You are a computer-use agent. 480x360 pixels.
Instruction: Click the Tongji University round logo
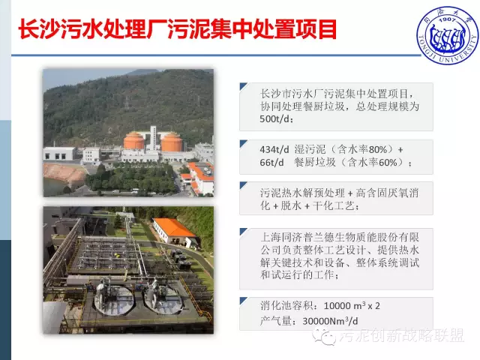click(447, 35)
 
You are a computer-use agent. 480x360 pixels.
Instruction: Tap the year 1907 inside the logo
click(447, 20)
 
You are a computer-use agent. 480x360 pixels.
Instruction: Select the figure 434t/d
click(274, 150)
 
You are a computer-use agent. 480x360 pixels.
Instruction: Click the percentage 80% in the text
click(378, 149)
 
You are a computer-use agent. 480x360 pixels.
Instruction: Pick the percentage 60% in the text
click(388, 162)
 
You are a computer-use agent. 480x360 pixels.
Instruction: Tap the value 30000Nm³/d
click(330, 321)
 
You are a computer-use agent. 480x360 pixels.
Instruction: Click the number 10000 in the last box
click(337, 306)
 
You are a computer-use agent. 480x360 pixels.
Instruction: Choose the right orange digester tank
click(172, 142)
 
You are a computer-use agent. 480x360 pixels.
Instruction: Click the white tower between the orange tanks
click(153, 138)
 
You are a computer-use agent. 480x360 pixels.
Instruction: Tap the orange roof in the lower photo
click(173, 227)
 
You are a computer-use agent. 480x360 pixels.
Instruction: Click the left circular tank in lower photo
click(114, 300)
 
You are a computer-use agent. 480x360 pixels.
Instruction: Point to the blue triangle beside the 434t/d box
click(243, 143)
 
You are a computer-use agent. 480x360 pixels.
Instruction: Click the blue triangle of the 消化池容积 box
click(243, 301)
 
